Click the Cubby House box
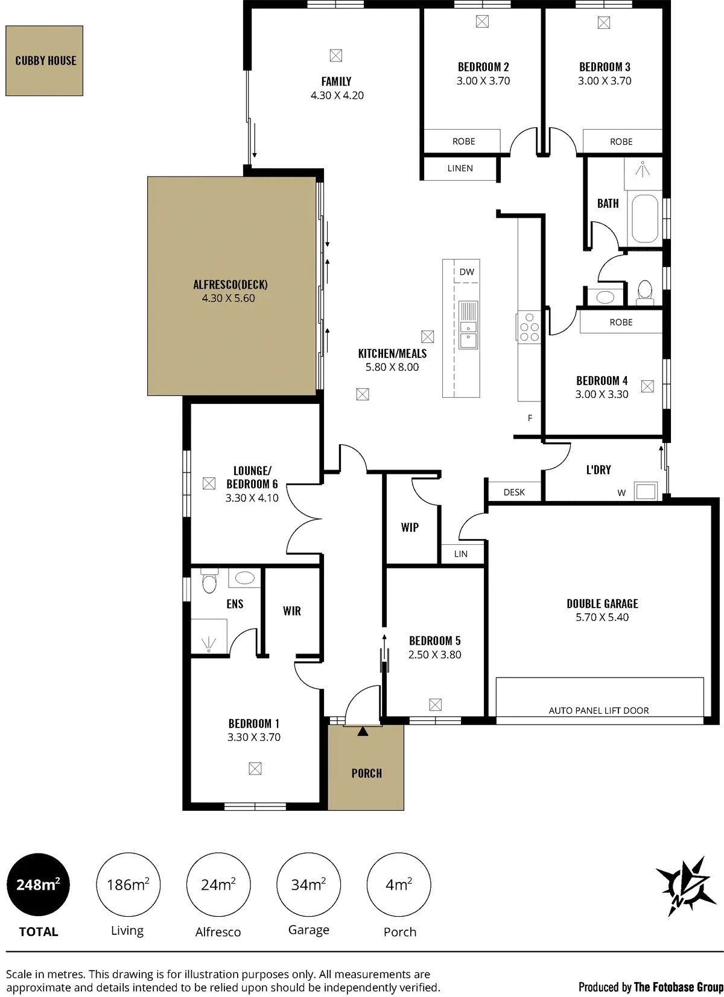[45, 60]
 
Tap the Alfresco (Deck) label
[230, 285]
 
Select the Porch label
[366, 773]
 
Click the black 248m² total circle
[37, 885]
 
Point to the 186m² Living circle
[128, 885]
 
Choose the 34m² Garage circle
[308, 885]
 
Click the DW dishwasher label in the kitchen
[467, 272]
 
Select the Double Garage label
[602, 603]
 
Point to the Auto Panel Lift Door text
[599, 711]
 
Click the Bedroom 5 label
[435, 641]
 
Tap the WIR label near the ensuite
[292, 611]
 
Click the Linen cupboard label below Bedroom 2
[460, 169]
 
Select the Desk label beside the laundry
[514, 492]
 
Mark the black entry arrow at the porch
[362, 732]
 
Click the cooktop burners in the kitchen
[529, 327]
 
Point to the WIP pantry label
[410, 527]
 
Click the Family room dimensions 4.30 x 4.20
[337, 95]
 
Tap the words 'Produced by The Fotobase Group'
[650, 987]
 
